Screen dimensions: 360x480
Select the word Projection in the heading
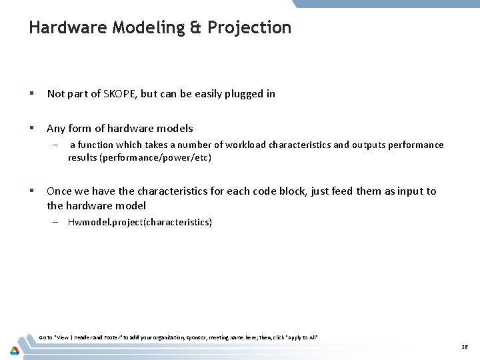[x=249, y=28]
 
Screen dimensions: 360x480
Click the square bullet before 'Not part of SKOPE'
[x=32, y=94]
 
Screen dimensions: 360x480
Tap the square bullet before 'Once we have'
[x=32, y=191]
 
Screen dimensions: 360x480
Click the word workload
[x=246, y=145]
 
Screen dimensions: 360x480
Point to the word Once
[x=59, y=191]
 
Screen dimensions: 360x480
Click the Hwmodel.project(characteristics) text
[x=140, y=222]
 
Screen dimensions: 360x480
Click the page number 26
[x=464, y=347]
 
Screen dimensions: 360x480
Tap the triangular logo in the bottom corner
[x=14, y=350]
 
